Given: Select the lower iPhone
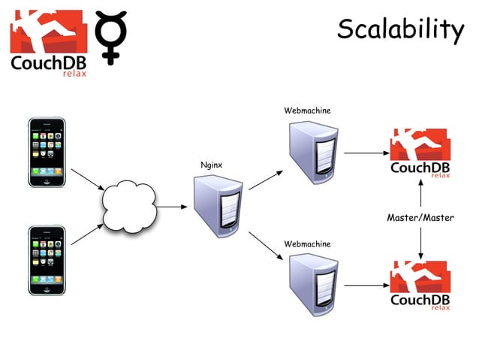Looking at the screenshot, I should (x=47, y=260).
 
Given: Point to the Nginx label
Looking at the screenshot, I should (x=211, y=164).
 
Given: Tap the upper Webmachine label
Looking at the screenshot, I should (x=306, y=110).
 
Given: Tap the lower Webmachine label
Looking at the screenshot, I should (x=306, y=244).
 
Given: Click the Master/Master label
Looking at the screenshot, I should (x=420, y=218).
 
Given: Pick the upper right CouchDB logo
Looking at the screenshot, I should (x=420, y=153).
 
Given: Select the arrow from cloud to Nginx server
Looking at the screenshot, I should (x=171, y=206).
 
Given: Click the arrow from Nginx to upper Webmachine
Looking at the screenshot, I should (x=265, y=180).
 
